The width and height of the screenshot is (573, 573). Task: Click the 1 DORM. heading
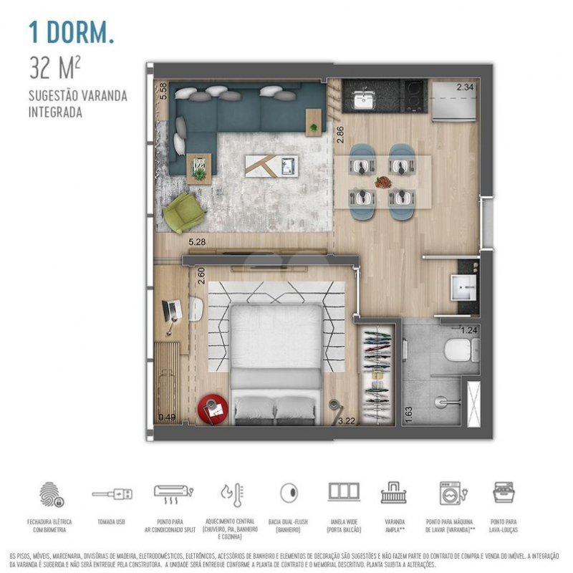(x=71, y=32)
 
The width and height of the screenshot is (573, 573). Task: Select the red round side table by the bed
(x=213, y=409)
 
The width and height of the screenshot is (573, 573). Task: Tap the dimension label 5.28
(x=198, y=242)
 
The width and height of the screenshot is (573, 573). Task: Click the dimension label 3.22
(x=347, y=420)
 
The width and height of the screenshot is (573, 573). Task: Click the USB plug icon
(x=111, y=494)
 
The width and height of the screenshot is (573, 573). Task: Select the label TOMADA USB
(x=111, y=523)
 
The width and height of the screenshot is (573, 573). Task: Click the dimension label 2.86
(x=340, y=135)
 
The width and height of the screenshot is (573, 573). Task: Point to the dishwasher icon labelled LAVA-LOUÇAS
(x=504, y=493)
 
